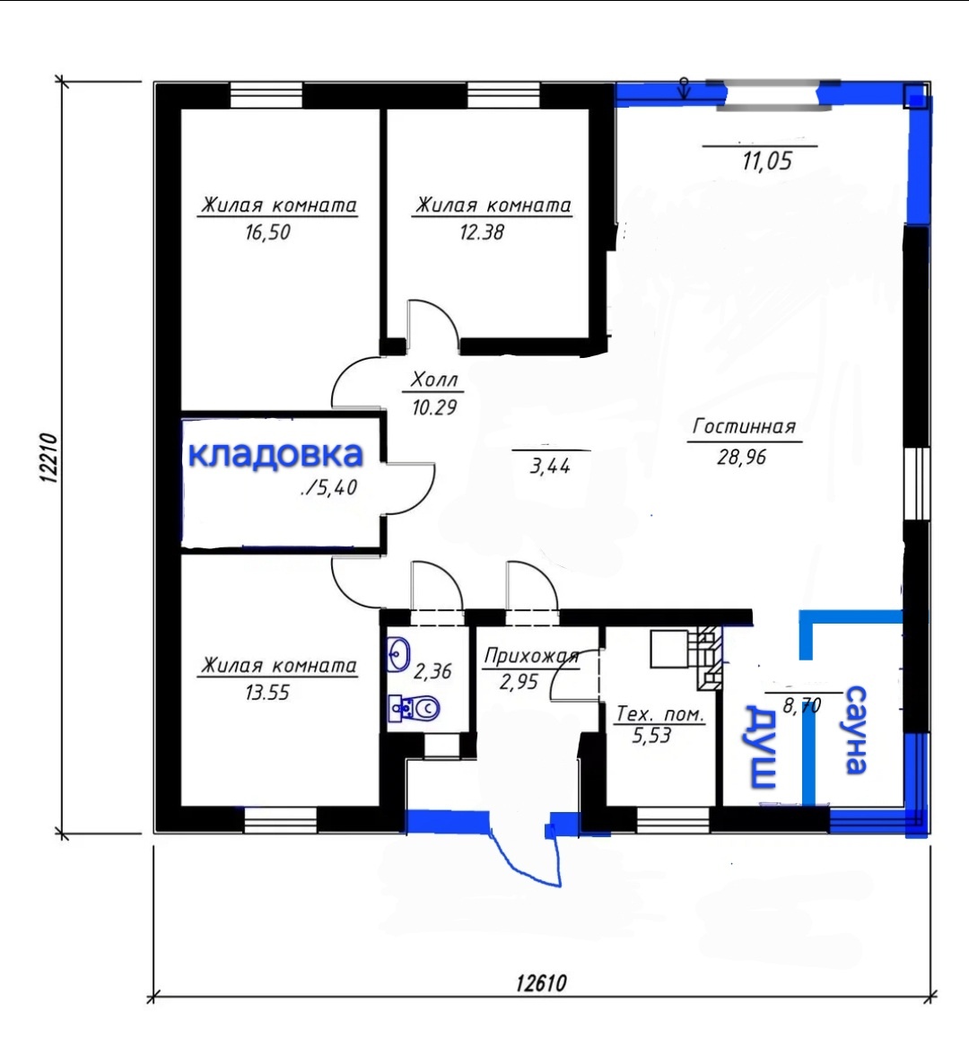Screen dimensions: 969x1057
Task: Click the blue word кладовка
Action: (x=275, y=456)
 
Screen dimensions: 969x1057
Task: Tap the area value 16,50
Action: (x=267, y=232)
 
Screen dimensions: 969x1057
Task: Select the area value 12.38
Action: (x=482, y=232)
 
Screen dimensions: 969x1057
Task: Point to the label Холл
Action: (x=434, y=380)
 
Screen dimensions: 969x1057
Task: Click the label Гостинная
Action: (x=745, y=427)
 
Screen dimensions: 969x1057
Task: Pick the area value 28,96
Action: (x=742, y=457)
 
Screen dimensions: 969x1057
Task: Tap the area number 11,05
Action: (x=767, y=162)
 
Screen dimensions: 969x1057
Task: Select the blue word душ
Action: (x=760, y=747)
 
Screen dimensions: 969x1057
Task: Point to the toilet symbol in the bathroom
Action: (x=414, y=709)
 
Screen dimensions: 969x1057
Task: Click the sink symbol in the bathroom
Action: (x=399, y=654)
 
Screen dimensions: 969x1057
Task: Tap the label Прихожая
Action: (x=532, y=656)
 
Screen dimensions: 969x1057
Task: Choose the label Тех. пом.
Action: (x=660, y=714)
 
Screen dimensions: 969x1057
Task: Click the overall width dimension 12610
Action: (x=541, y=983)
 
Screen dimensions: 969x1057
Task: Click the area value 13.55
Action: (x=267, y=693)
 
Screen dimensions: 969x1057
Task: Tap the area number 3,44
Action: (x=550, y=466)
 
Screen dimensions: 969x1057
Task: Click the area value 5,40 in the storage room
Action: (x=329, y=487)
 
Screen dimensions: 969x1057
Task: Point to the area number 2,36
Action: (x=432, y=671)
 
